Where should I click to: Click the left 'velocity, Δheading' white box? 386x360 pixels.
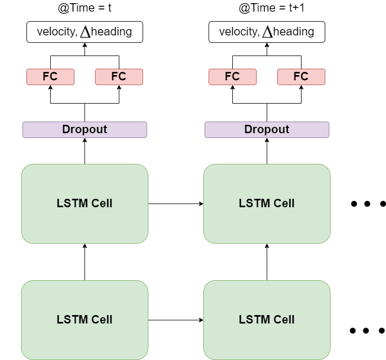pyautogui.click(x=84, y=32)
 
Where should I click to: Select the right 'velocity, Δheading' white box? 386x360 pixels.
pyautogui.click(x=267, y=32)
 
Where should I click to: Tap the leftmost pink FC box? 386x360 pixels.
pyautogui.click(x=50, y=77)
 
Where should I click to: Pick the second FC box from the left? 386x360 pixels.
pyautogui.click(x=119, y=77)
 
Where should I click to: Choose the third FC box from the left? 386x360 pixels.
pyautogui.click(x=232, y=77)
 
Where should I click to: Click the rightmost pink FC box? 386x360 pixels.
pyautogui.click(x=301, y=77)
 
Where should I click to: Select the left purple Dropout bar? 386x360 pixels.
pyautogui.click(x=84, y=130)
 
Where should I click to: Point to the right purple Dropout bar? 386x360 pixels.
pyautogui.click(x=267, y=130)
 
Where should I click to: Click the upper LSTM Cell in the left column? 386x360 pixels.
pyautogui.click(x=84, y=204)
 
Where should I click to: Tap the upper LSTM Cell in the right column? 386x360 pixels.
pyautogui.click(x=267, y=204)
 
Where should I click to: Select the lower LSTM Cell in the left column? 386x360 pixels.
pyautogui.click(x=84, y=320)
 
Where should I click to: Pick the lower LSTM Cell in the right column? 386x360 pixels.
pyautogui.click(x=267, y=320)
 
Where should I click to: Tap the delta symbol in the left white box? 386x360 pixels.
pyautogui.click(x=85, y=32)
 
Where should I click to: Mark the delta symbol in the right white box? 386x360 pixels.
pyautogui.click(x=267, y=32)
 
